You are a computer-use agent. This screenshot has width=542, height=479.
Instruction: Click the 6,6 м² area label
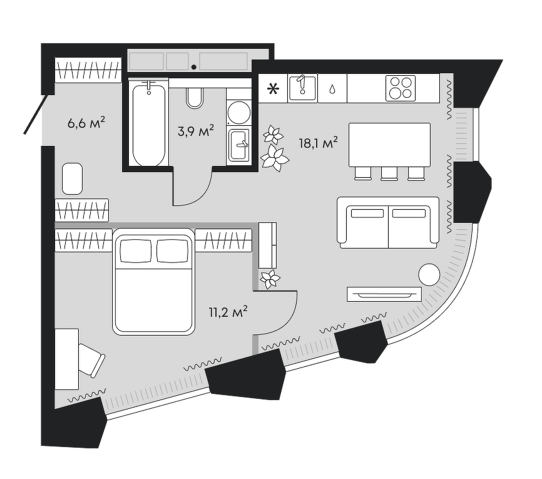click(86, 123)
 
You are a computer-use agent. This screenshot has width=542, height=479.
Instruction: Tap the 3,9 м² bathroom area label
click(196, 131)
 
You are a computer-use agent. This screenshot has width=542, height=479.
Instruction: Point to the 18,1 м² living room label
click(319, 142)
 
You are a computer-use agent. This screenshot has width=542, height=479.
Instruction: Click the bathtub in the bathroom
click(150, 125)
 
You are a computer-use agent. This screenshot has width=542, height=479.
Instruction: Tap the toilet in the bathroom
click(195, 96)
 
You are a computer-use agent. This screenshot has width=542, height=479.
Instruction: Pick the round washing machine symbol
click(238, 113)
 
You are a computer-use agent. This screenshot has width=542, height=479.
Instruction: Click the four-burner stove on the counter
click(401, 88)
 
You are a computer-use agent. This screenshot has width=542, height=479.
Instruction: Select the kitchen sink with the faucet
click(302, 88)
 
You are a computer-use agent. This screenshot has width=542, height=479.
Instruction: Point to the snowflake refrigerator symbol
click(273, 88)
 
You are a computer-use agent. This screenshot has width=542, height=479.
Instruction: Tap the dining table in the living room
click(389, 145)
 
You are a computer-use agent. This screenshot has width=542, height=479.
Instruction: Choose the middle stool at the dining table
click(389, 173)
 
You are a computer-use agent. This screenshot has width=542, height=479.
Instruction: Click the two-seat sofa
click(387, 222)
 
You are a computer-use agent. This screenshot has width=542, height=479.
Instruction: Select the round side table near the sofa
click(429, 274)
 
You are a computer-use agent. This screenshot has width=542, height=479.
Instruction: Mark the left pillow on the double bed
click(136, 251)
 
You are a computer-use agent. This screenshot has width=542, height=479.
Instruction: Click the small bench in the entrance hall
click(73, 178)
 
